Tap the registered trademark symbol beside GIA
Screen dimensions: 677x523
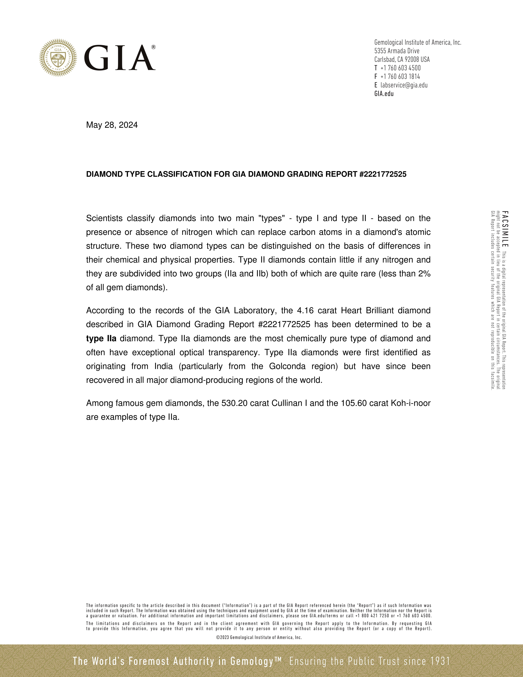153,47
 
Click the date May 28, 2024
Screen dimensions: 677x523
112,125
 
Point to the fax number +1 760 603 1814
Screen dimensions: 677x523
400,76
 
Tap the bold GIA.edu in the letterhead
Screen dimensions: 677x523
384,94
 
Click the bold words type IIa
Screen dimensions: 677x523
101,338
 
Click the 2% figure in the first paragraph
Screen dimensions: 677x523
424,274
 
